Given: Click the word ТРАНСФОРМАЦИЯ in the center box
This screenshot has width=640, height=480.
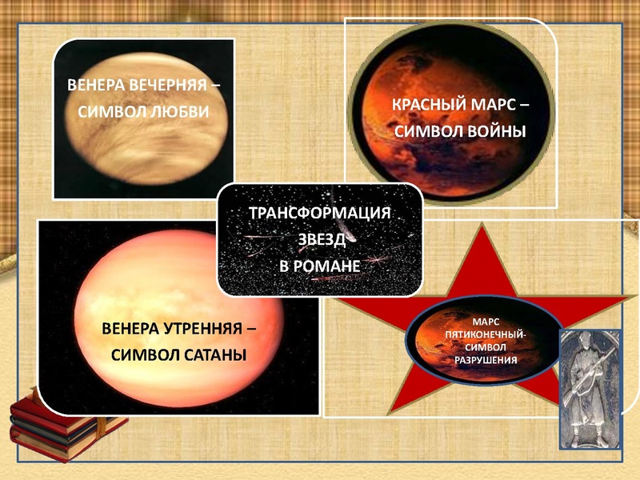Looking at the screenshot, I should [x=320, y=214].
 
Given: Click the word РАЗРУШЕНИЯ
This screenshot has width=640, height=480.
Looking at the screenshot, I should [x=486, y=360].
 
